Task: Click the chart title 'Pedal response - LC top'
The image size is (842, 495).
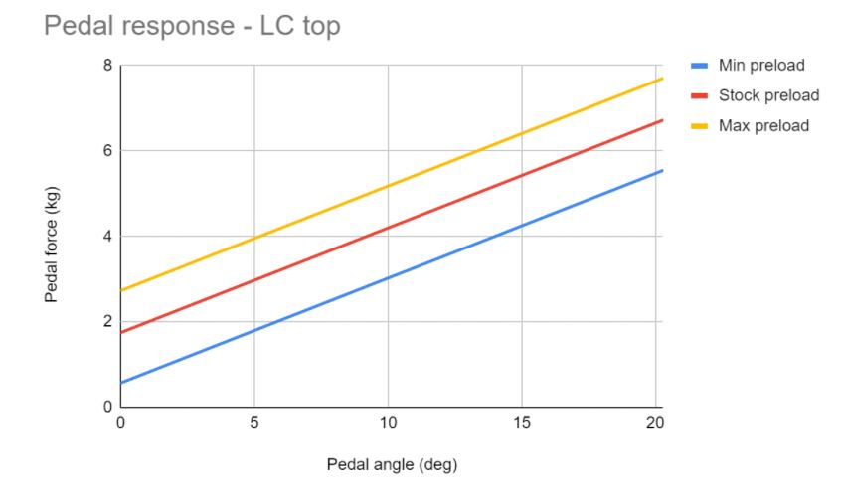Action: click(192, 27)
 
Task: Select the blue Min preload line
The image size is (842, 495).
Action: click(388, 278)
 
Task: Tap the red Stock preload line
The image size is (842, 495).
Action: click(388, 228)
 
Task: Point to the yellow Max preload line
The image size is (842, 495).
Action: click(388, 186)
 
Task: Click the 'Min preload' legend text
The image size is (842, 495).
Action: click(760, 66)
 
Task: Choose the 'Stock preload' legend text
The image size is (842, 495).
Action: click(768, 95)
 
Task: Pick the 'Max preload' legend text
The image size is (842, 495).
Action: click(763, 125)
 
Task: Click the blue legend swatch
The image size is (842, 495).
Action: click(700, 66)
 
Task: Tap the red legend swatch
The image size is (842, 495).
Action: click(700, 95)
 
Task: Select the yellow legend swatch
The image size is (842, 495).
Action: click(700, 125)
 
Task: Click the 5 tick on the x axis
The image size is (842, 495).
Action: click(254, 422)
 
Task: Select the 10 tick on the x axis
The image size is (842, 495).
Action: click(388, 422)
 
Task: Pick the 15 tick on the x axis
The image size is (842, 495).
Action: click(522, 422)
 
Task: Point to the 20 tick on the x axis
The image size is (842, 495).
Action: click(655, 422)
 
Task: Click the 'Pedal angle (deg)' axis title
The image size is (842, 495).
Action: click(392, 464)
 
